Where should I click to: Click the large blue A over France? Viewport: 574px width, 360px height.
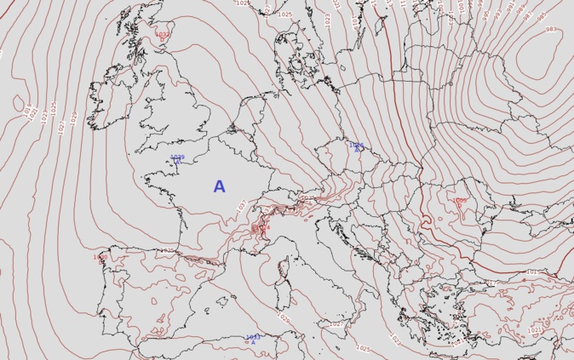click(220, 186)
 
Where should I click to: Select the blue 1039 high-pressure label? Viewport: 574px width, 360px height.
click(177, 157)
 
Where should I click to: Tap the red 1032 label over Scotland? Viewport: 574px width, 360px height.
click(162, 35)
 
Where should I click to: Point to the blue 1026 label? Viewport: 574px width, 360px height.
click(356, 146)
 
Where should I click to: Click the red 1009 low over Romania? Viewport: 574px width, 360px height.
click(459, 202)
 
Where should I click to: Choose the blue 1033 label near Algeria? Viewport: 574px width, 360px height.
click(252, 337)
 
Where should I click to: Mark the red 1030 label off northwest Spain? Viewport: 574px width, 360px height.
click(100, 257)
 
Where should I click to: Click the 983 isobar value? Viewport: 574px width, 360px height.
click(551, 30)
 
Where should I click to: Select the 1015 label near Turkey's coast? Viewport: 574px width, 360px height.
click(532, 272)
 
